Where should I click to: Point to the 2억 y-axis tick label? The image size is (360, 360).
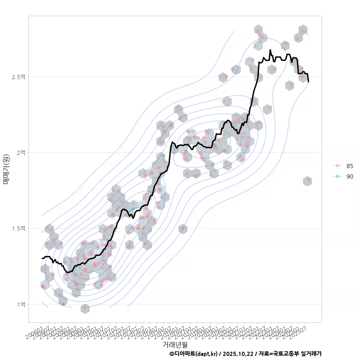tap(21, 153)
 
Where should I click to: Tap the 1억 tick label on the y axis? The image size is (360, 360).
tap(21, 304)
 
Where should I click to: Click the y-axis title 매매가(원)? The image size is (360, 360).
tap(6, 169)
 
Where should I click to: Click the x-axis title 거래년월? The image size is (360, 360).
tap(175, 344)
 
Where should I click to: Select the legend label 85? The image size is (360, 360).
tap(350, 166)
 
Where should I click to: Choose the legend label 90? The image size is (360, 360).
tap(350, 176)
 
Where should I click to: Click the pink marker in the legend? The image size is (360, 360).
tap(337, 166)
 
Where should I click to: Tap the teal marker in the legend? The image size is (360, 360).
tap(337, 176)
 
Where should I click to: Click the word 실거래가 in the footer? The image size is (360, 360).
tap(311, 354)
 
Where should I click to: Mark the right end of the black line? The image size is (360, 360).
tap(309, 82)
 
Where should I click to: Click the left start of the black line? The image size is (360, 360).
tap(42, 258)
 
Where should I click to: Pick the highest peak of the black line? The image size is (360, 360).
tap(270, 50)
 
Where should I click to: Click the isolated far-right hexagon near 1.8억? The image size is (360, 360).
tap(307, 181)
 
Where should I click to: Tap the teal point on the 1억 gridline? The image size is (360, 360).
tap(63, 304)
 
